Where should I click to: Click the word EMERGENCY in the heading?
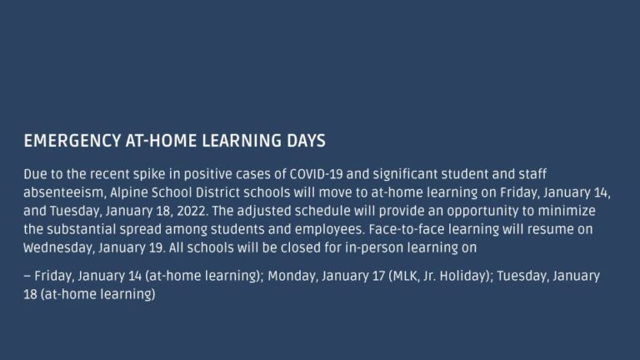(72, 141)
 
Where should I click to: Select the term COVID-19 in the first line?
(317, 174)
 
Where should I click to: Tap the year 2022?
(192, 211)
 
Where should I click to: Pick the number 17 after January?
(378, 276)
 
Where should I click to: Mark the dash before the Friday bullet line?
(27, 277)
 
